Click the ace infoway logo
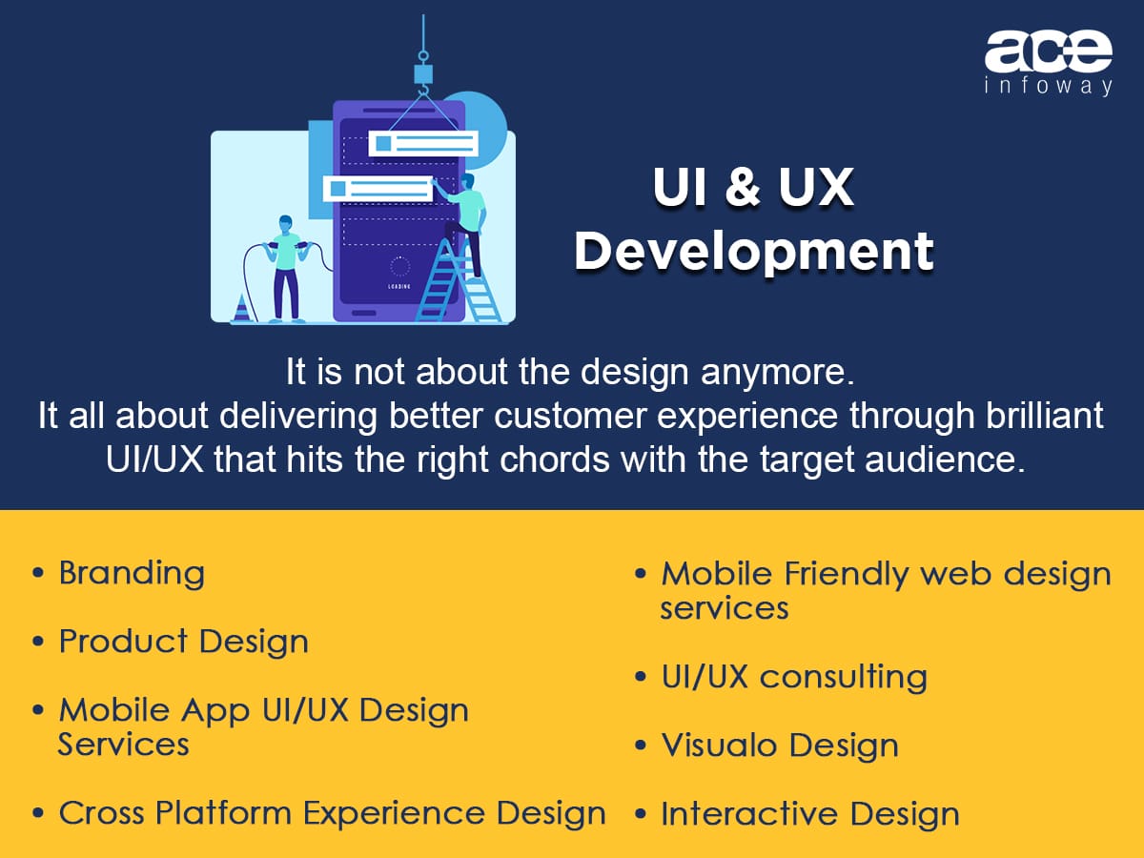pos(1048,64)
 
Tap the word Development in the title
pos(754,252)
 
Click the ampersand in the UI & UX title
pos(743,187)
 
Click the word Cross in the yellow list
pos(102,813)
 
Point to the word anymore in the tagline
pos(778,373)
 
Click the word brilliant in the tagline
pos(1044,416)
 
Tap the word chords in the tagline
pos(555,460)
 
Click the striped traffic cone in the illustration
pos(241,308)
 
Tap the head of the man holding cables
pos(286,225)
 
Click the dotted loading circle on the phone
pos(399,267)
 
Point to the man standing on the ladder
pos(464,225)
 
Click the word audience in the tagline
pos(945,460)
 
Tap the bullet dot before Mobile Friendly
pos(641,575)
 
